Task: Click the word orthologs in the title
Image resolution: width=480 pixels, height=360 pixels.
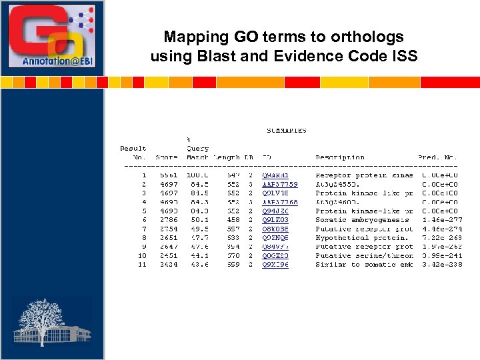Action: (x=369, y=37)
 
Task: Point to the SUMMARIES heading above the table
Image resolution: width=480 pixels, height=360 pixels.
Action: (x=287, y=131)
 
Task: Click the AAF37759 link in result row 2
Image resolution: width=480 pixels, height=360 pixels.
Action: (x=280, y=184)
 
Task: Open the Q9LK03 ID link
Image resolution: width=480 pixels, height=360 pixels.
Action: (x=275, y=219)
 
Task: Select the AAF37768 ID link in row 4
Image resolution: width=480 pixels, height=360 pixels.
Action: (x=280, y=202)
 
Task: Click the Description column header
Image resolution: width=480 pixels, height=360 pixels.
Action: (x=340, y=157)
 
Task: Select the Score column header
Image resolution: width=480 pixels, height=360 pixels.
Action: (x=167, y=157)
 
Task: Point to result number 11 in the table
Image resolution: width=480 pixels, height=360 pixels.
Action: (x=142, y=265)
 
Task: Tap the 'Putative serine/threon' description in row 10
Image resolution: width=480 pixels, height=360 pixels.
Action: (x=364, y=255)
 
